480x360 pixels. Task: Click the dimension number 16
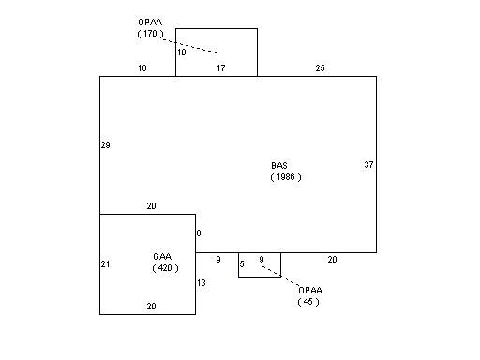click(142, 67)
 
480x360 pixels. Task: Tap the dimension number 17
click(221, 67)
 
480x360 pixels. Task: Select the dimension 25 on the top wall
click(320, 67)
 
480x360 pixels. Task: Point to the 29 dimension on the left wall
click(105, 145)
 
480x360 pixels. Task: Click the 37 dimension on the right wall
click(368, 164)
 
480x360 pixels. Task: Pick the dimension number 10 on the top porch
click(182, 52)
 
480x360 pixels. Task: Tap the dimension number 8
click(199, 233)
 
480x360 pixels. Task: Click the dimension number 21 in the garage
click(105, 264)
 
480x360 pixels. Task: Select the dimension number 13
click(202, 283)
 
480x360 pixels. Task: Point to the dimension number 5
click(242, 264)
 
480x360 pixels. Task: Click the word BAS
click(279, 165)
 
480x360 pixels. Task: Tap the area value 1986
click(286, 177)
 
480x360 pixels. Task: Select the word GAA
click(162, 257)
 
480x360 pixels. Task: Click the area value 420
click(165, 268)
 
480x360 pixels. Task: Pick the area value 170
click(150, 34)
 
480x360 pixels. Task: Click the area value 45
click(308, 302)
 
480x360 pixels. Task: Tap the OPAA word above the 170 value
click(150, 22)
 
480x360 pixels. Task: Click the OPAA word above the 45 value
click(310, 290)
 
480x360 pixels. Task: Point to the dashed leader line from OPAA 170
click(190, 46)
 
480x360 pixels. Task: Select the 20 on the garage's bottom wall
click(151, 307)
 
